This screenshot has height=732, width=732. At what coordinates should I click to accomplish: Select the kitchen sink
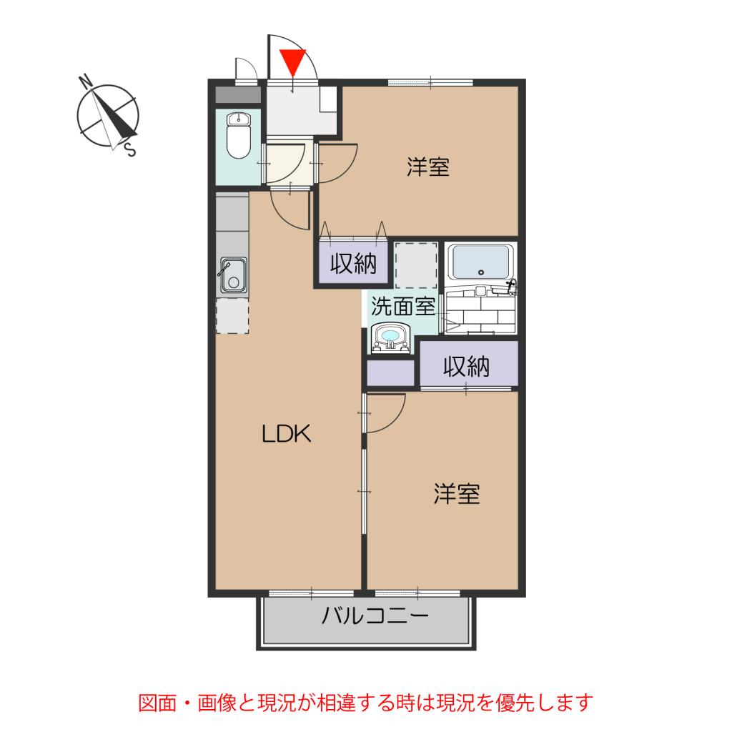232,275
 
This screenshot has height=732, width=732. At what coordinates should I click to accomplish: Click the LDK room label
286,434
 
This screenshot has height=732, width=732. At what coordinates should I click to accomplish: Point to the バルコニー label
374,616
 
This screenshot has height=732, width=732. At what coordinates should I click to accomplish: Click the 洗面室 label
403,307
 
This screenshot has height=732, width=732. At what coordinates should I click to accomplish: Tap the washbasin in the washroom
390,337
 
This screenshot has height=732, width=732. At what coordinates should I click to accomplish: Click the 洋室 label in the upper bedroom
427,167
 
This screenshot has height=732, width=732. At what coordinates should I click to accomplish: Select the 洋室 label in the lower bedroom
456,494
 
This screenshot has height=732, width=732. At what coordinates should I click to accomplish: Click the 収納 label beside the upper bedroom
352,264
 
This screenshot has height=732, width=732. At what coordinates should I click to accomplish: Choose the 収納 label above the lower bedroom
467,366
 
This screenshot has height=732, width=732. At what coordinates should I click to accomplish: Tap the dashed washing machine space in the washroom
415,264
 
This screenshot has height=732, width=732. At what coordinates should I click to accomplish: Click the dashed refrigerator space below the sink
232,316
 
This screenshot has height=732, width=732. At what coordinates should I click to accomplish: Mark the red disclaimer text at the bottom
365,703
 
